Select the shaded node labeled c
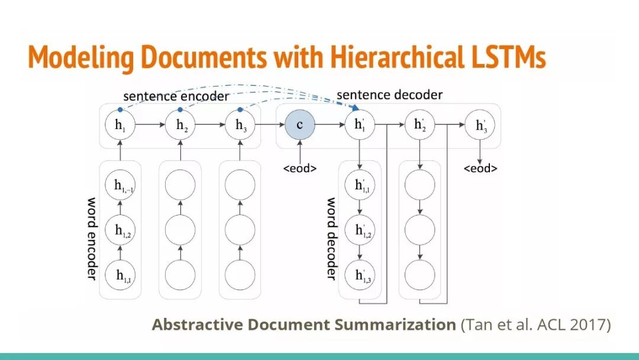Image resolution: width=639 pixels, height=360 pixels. click(x=300, y=126)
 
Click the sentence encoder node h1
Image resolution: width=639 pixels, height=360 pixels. click(x=120, y=126)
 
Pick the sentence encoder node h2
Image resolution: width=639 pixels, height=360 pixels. click(x=180, y=126)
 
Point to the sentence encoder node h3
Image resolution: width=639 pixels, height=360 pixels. click(x=240, y=126)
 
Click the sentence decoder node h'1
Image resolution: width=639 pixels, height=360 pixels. click(x=360, y=126)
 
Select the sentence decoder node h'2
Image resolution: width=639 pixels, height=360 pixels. click(x=420, y=126)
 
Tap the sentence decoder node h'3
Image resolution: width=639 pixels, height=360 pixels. click(x=480, y=126)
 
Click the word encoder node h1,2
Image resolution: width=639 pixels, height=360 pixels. click(x=120, y=230)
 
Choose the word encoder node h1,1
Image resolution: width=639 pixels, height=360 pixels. click(x=120, y=275)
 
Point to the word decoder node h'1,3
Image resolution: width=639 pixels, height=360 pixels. click(x=360, y=275)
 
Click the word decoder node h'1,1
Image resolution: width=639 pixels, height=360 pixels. click(x=360, y=185)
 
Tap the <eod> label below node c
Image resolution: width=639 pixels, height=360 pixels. click(x=300, y=169)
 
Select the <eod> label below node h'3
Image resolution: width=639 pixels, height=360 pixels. click(x=480, y=169)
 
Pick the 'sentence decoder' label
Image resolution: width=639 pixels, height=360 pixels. click(x=389, y=95)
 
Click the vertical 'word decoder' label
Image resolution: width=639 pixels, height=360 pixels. click(x=332, y=238)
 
